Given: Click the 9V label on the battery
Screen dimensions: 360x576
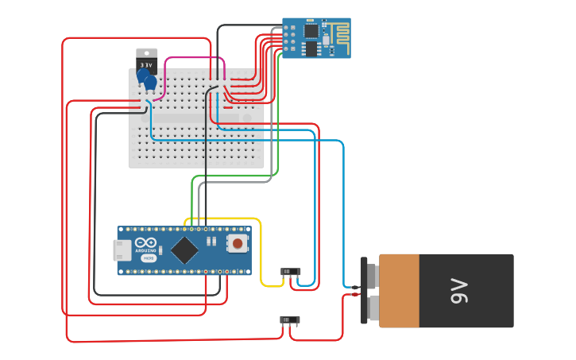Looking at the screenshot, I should pyautogui.click(x=459, y=291).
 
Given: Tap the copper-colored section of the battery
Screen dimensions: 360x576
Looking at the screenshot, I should pyautogui.click(x=399, y=291).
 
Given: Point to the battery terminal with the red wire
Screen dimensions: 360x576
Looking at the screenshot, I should pyautogui.click(x=370, y=305).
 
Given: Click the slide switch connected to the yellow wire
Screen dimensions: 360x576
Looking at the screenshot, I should pyautogui.click(x=292, y=272).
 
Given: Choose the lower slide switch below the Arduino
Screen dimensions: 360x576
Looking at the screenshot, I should pyautogui.click(x=290, y=319).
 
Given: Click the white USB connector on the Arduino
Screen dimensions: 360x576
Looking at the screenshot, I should pyautogui.click(x=122, y=250).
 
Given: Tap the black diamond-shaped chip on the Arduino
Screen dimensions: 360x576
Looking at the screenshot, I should pyautogui.click(x=184, y=250).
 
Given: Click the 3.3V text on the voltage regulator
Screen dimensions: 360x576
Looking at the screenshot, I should pyautogui.click(x=146, y=64).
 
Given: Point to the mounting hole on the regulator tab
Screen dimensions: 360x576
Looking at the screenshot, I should pyautogui.click(x=147, y=52).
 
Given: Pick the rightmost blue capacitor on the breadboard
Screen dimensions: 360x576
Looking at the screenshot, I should pyautogui.click(x=150, y=81).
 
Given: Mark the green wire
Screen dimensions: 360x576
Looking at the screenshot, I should pyautogui.click(x=278, y=119).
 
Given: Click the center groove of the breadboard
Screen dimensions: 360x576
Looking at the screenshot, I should pyautogui.click(x=196, y=118).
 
